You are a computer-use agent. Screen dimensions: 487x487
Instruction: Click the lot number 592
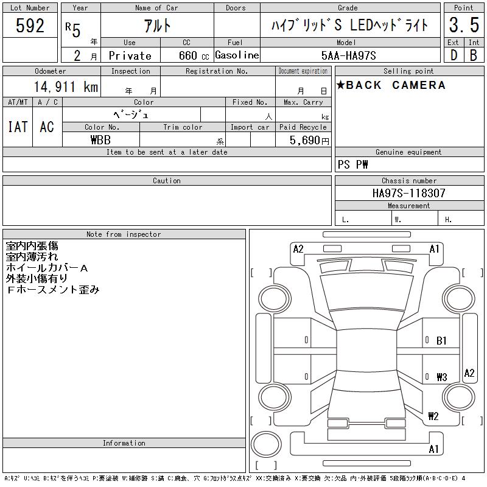click(30, 26)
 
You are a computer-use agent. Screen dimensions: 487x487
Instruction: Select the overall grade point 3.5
click(463, 26)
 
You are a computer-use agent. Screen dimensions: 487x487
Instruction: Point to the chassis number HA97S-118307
click(408, 193)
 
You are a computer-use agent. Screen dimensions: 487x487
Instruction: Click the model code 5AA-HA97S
click(349, 55)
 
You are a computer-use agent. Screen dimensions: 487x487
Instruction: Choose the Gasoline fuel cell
click(237, 55)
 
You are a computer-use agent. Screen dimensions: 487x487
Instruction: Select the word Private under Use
click(130, 55)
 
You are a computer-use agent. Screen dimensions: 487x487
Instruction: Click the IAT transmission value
click(17, 127)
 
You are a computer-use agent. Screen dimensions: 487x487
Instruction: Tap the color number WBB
click(100, 139)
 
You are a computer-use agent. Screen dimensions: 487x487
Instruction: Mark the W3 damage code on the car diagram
click(442, 377)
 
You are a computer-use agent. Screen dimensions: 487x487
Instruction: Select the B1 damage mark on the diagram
click(442, 341)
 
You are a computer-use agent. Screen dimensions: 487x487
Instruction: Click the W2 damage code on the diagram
click(433, 416)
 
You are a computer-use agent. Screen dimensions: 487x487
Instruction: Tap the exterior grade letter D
click(454, 55)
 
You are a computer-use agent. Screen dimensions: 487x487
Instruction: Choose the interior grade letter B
click(474, 55)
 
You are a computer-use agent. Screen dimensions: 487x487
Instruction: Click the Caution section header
click(167, 181)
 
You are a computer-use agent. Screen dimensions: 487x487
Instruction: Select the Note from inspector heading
click(124, 234)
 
